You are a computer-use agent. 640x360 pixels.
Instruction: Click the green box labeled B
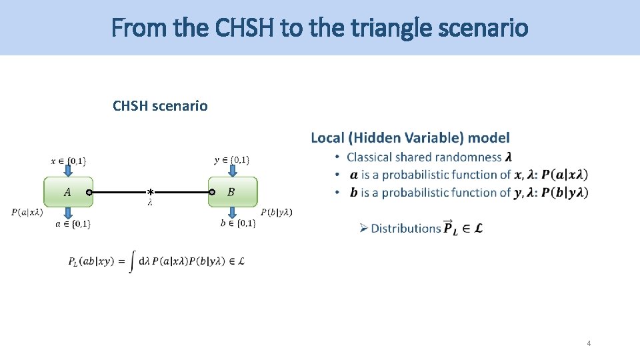232,192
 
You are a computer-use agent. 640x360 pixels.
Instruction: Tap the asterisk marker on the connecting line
151,192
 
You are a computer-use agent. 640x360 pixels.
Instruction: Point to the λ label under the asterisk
150,203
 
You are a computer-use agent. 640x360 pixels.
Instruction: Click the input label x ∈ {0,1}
68,161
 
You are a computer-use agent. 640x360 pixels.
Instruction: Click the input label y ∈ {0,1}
232,160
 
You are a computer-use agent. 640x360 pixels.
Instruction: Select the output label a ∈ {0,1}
73,225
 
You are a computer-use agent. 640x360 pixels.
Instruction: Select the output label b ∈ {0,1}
238,223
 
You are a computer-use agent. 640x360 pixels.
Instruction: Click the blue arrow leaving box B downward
232,212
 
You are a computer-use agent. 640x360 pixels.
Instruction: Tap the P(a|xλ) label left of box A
27,213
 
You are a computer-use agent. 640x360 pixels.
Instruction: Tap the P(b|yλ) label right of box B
276,212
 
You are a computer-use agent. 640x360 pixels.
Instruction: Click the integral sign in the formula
133,261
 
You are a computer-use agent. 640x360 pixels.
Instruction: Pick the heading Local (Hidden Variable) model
410,138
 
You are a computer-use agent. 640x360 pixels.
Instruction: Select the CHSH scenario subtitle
160,106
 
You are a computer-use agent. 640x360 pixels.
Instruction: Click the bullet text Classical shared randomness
424,157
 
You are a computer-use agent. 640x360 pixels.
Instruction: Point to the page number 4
589,343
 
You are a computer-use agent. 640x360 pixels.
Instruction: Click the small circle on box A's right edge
89,192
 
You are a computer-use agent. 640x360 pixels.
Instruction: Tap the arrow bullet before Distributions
364,229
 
